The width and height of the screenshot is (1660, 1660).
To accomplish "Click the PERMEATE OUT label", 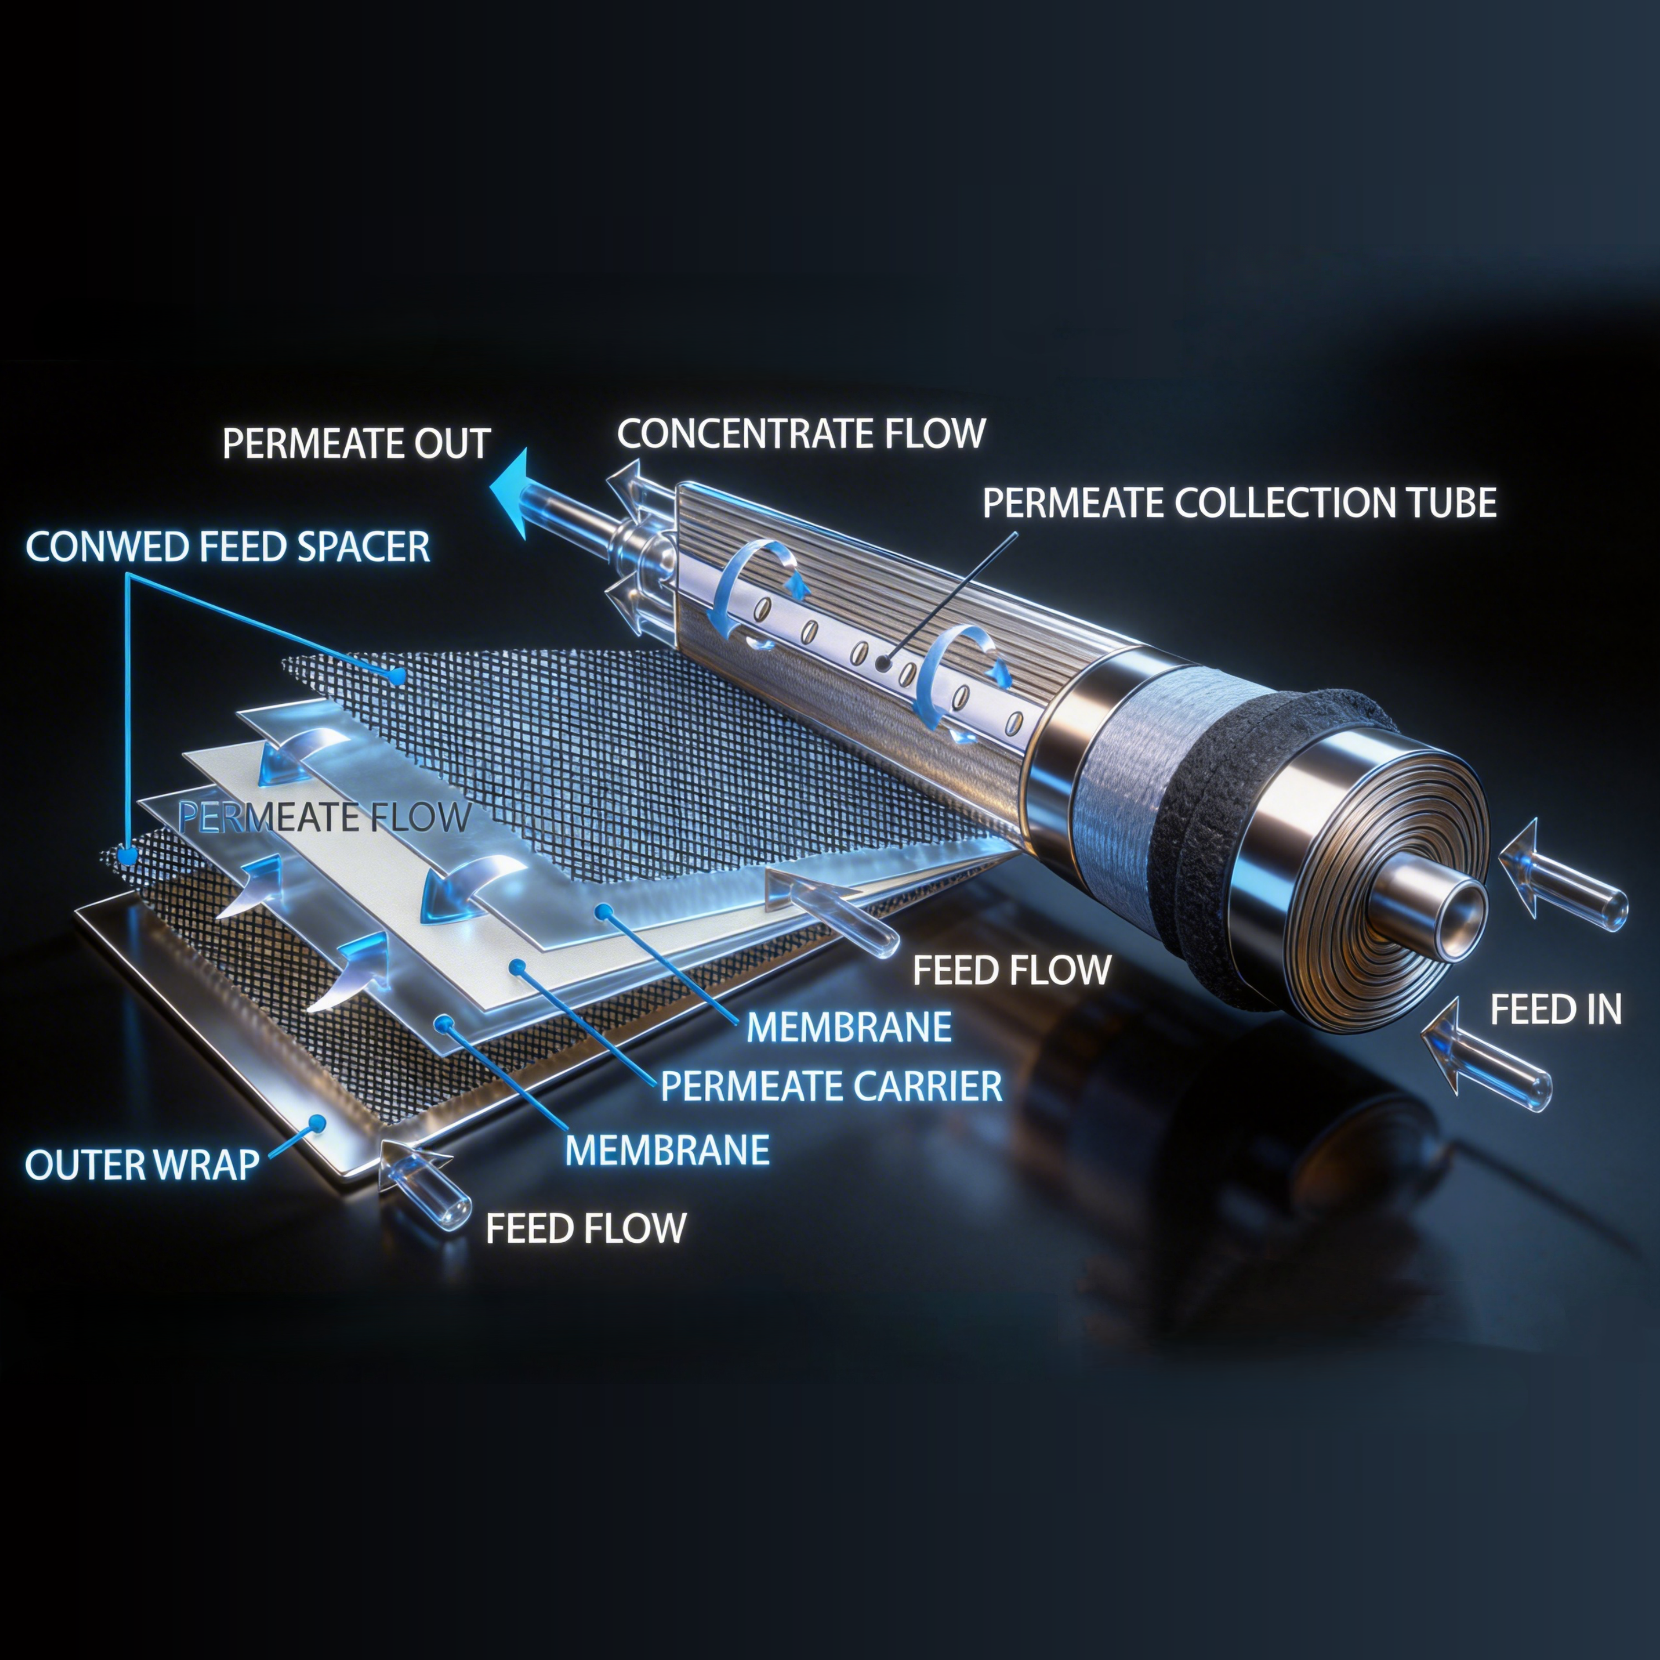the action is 356,444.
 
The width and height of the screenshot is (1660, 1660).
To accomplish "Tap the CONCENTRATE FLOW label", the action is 801,433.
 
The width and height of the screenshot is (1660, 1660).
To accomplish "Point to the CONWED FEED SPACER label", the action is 227,547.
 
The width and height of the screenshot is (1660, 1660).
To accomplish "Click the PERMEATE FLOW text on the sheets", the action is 325,817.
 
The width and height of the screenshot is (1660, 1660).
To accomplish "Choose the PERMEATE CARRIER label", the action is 831,1086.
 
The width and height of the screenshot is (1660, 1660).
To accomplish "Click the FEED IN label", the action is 1555,1010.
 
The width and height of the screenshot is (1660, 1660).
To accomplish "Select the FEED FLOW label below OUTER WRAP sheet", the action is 586,1228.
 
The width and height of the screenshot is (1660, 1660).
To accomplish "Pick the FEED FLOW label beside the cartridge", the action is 1011,970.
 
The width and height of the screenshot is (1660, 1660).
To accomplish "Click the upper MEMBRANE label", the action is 849,1027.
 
